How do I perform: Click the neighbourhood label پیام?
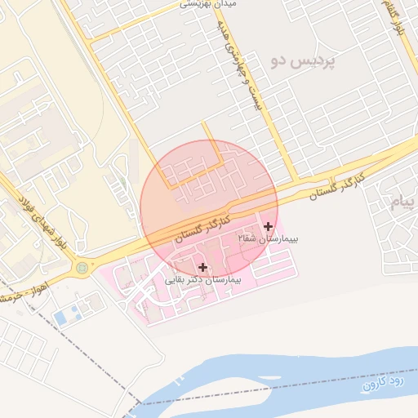(x=404, y=203)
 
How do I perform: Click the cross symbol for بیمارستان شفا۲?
(x=269, y=226)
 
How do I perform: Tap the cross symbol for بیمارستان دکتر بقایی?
(x=202, y=267)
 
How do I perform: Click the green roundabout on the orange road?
(x=82, y=267)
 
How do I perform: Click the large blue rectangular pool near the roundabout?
(x=62, y=313)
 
